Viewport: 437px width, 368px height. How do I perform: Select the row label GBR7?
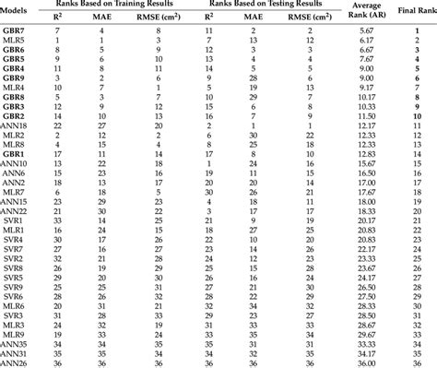pyautogui.click(x=13, y=32)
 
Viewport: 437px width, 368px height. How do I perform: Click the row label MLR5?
pyautogui.click(x=13, y=42)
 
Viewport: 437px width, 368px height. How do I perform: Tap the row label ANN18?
pyautogui.click(x=15, y=125)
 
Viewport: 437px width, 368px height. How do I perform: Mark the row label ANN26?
pyautogui.click(x=15, y=362)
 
